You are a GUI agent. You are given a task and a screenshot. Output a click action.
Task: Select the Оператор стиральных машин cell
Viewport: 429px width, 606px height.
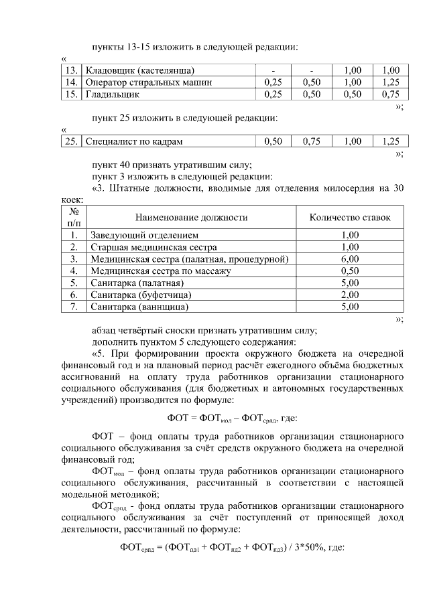click(148, 82)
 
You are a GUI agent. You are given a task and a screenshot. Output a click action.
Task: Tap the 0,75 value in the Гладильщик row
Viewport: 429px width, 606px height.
click(390, 94)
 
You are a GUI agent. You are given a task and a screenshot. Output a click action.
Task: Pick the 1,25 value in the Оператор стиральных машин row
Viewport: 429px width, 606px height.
click(390, 82)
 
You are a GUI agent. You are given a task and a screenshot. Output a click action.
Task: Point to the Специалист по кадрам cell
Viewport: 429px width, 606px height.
click(133, 141)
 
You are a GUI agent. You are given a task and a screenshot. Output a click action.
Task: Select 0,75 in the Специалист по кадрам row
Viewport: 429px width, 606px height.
click(312, 141)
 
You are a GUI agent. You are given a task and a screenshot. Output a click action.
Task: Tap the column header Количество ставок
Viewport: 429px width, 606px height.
click(349, 218)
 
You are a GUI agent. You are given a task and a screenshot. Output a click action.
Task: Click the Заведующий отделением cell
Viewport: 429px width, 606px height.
click(145, 235)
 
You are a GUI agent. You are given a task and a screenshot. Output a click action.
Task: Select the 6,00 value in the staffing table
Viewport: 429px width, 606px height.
click(349, 259)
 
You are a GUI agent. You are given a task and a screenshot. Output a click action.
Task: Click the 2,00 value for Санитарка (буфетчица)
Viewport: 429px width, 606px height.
click(349, 295)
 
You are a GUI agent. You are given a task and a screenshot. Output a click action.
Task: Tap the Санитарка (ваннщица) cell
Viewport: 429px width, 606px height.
click(139, 307)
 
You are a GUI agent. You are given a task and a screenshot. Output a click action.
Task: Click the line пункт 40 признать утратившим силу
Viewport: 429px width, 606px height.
click(172, 165)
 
